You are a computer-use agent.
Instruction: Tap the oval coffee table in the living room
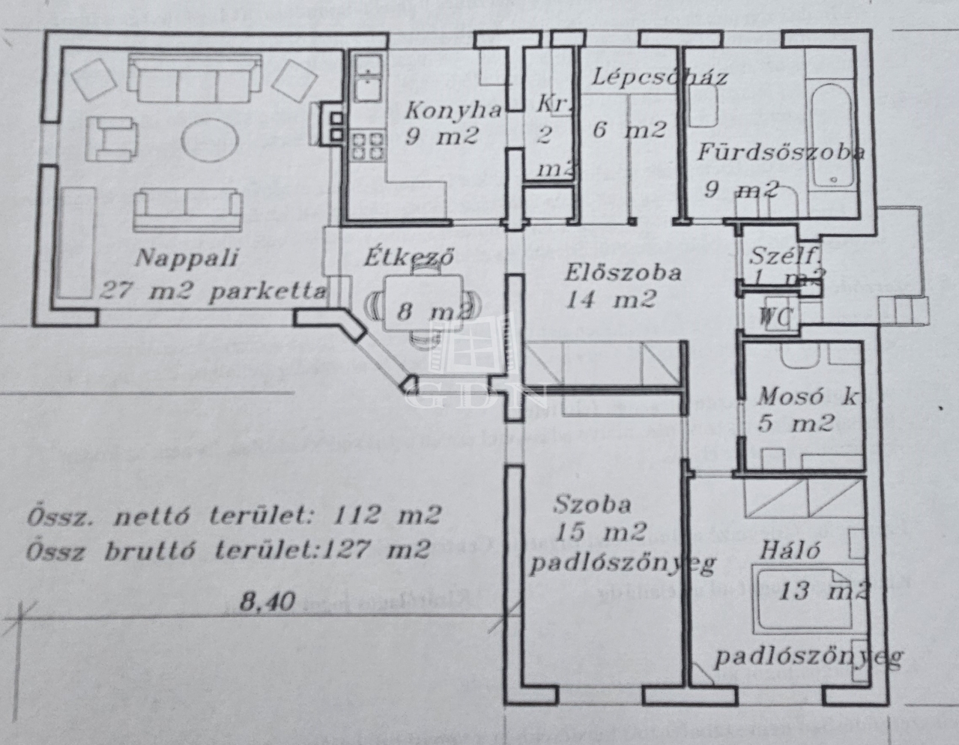[211, 139]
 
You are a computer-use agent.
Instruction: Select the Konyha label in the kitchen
[453, 111]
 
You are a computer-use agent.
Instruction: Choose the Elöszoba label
[623, 272]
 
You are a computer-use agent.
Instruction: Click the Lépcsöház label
[660, 76]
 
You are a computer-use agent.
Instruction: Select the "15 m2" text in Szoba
[600, 532]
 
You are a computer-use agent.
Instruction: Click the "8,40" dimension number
[267, 600]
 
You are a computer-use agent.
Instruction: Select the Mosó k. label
[806, 397]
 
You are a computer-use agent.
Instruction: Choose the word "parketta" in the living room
[267, 292]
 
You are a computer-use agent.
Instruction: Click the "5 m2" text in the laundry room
[796, 423]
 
